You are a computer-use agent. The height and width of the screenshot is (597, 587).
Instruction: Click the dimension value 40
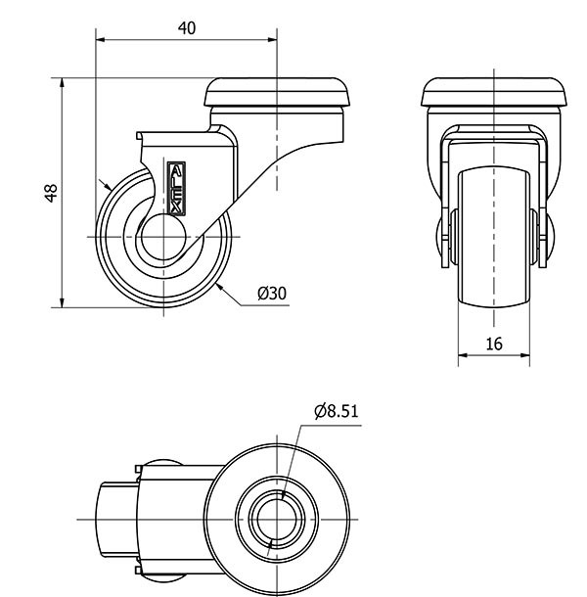click(186, 28)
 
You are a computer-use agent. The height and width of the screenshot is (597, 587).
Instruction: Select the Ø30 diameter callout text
click(272, 294)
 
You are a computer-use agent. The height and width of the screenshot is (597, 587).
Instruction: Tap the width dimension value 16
click(493, 344)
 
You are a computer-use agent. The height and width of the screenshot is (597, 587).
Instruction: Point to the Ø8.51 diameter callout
click(338, 412)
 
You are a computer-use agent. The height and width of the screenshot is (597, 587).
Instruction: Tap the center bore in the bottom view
click(283, 515)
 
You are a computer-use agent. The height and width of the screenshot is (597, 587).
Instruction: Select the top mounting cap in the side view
click(277, 94)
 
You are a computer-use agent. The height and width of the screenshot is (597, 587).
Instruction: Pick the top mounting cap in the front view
click(494, 94)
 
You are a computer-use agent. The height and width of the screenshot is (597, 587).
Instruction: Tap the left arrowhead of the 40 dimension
click(101, 39)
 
